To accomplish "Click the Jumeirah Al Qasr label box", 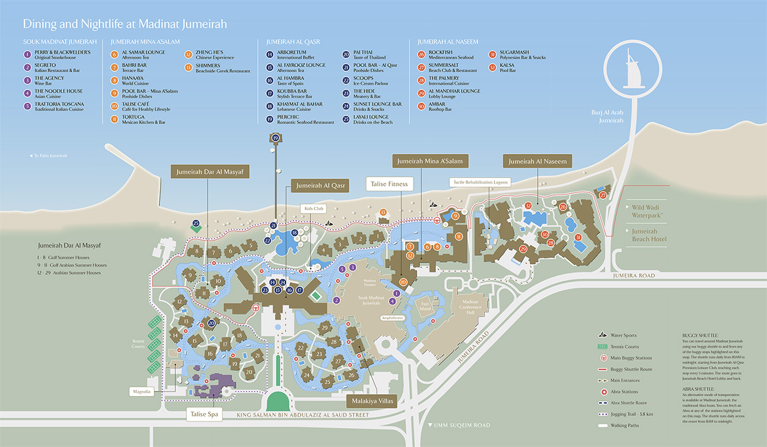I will (x=320, y=185).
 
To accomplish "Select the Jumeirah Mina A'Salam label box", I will (x=430, y=161).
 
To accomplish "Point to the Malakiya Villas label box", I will (x=372, y=402).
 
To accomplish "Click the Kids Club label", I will (x=311, y=209).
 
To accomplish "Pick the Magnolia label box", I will (x=141, y=391).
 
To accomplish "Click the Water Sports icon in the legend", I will (x=603, y=335).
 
